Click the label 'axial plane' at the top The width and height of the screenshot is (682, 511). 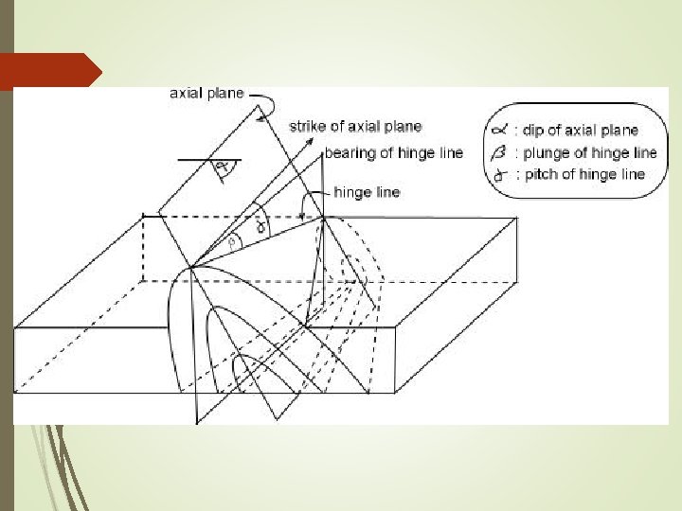(206, 94)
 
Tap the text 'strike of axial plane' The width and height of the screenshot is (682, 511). (355, 126)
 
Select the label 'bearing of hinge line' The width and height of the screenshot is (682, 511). (394, 152)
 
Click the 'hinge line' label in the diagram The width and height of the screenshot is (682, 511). (368, 192)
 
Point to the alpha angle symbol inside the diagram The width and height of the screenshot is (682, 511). (222, 169)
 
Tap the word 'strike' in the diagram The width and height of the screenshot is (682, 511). (307, 126)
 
